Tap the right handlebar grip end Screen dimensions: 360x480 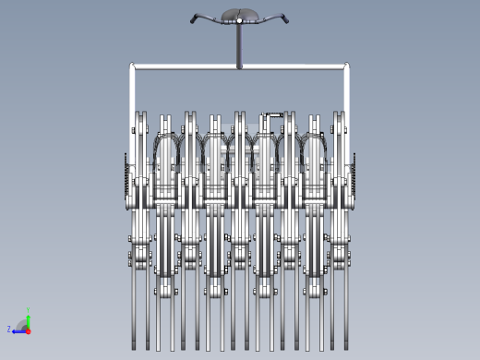287,19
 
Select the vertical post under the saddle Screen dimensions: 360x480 240,45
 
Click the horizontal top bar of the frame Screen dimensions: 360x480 240,66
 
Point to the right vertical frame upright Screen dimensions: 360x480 347,92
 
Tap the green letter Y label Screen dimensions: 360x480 29,309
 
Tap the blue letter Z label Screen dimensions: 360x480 9,329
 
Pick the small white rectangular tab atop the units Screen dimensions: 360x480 274,115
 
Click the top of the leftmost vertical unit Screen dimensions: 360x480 140,116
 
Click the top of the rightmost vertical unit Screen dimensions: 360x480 340,116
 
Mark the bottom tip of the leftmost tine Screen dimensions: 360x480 135,349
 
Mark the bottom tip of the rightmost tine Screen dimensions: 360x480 345,349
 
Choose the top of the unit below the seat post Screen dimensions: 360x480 240,116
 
